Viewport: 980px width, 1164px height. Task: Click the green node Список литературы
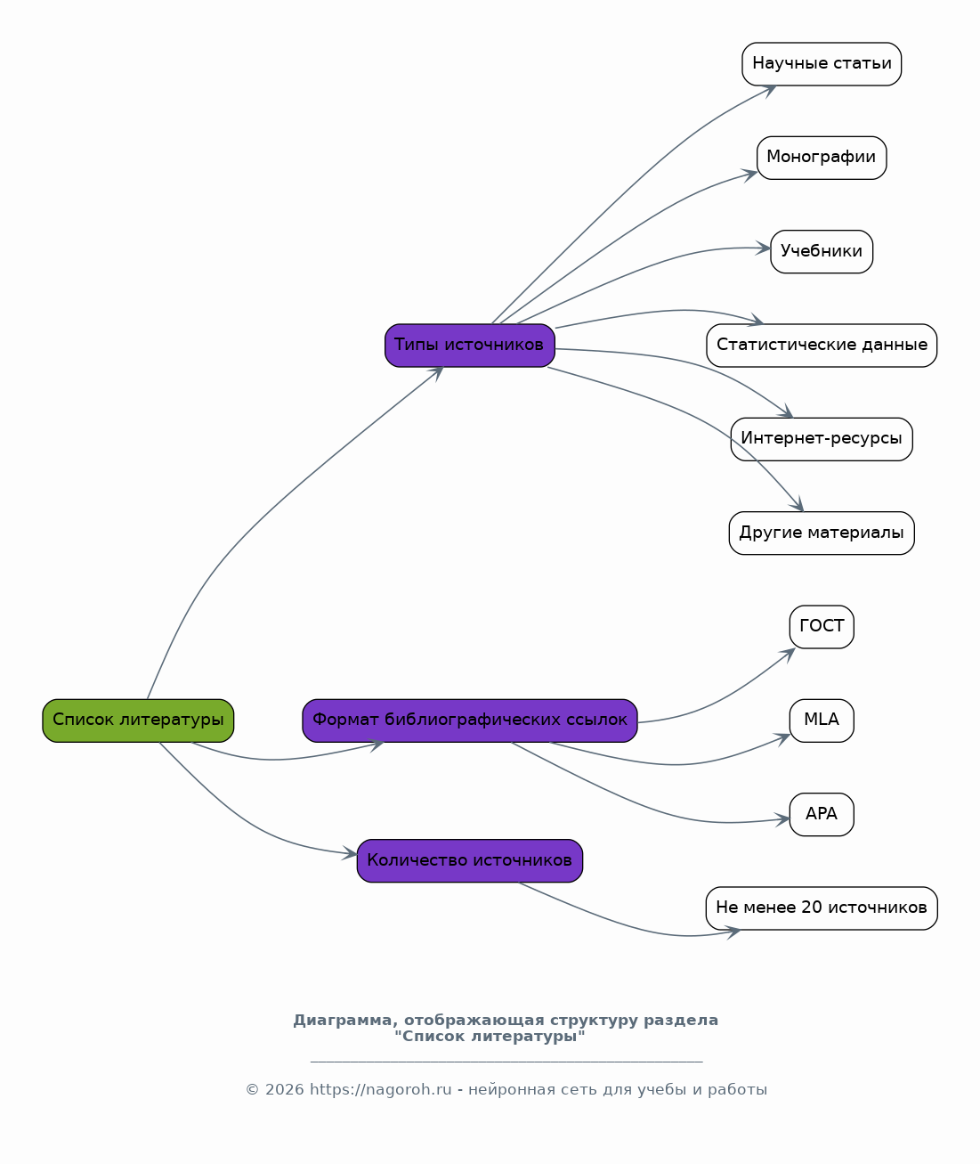[x=138, y=720]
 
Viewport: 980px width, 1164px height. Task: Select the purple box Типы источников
[x=470, y=345]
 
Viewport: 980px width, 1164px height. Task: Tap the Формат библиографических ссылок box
[x=470, y=720]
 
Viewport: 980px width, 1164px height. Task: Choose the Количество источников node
[x=470, y=860]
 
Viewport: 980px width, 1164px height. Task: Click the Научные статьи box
[x=822, y=64]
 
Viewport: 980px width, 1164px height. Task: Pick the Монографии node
[x=822, y=158]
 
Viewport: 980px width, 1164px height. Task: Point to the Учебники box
[x=822, y=251]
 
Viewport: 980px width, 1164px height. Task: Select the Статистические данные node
[x=822, y=345]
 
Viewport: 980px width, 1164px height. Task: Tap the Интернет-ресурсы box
[x=822, y=439]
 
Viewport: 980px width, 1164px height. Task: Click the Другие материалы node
[x=822, y=533]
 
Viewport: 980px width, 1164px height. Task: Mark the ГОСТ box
[x=822, y=627]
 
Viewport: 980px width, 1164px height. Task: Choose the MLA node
[x=822, y=720]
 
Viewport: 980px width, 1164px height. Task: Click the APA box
[x=822, y=815]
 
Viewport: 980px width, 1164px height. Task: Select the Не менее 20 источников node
[x=822, y=908]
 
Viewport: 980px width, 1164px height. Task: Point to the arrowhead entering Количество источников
[x=350, y=853]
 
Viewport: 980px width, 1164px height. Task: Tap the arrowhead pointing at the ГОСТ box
[x=788, y=655]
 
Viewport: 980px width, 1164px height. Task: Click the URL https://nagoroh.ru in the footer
[x=381, y=1089]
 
